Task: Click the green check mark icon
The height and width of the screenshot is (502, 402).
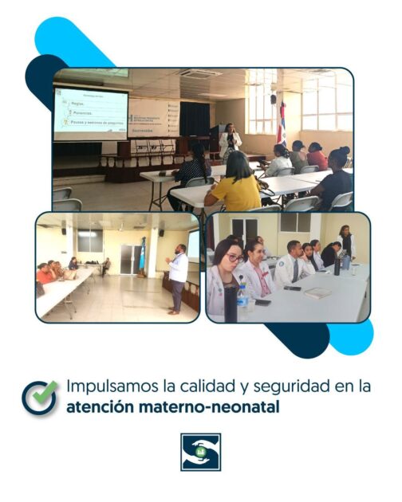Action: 39,397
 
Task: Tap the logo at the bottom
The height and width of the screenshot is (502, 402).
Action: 200,452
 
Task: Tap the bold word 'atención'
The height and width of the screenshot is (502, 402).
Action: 100,407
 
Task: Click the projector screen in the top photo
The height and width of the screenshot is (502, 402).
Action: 90,113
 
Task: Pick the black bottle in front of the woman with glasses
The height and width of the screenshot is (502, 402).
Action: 231,301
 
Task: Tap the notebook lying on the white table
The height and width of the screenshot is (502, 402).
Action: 317,293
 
